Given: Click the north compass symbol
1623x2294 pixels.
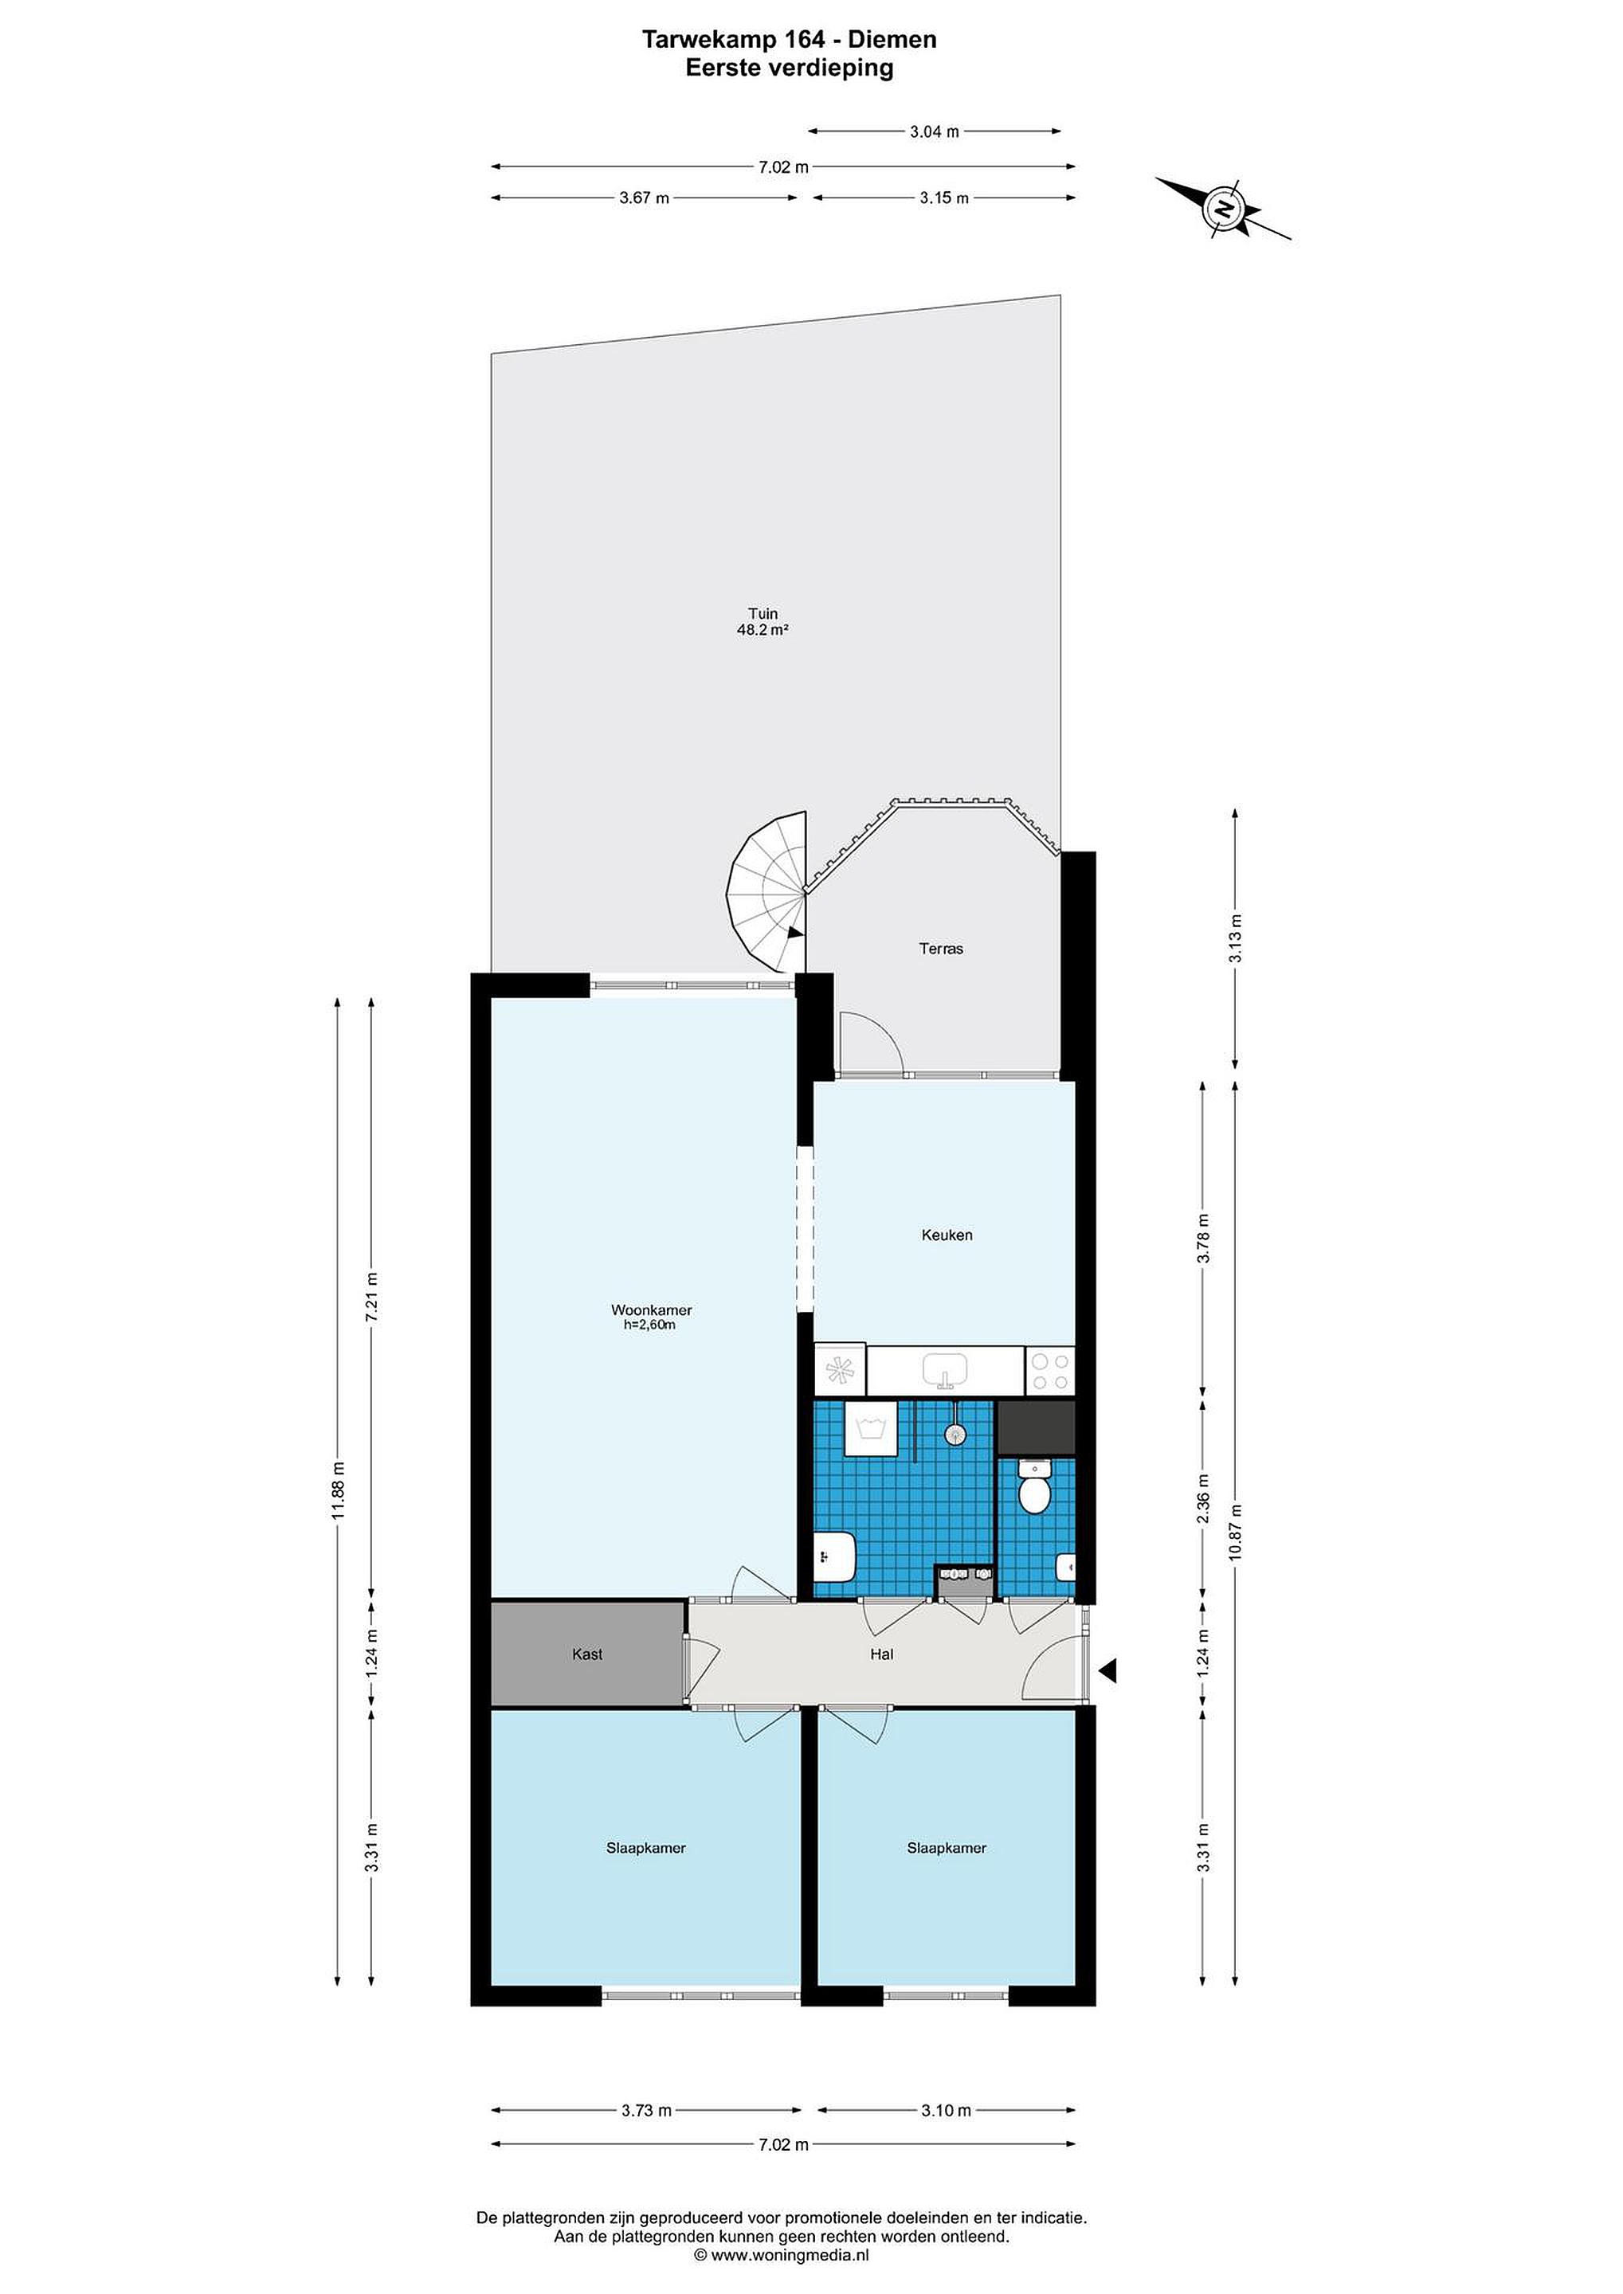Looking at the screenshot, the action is click(1223, 209).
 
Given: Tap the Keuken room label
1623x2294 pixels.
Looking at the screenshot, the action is click(947, 1235).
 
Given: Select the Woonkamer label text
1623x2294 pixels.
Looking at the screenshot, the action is click(652, 1309).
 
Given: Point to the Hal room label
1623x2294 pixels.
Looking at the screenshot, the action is click(881, 1654).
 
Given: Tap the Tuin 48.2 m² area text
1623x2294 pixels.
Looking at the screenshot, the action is click(762, 621).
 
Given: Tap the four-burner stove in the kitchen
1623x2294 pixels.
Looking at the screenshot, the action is click(1049, 1371).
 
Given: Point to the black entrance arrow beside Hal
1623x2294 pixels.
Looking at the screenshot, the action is click(1107, 1670).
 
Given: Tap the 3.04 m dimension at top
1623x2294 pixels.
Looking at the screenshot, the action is click(935, 131).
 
